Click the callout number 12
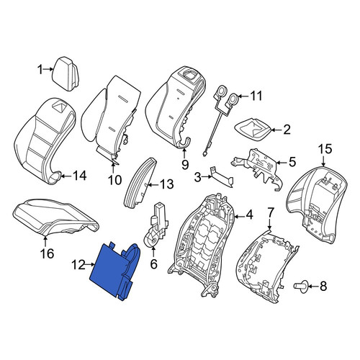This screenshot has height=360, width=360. (78, 265)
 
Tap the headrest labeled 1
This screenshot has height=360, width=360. (66, 73)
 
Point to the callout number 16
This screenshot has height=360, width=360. (48, 253)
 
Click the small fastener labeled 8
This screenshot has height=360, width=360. (300, 286)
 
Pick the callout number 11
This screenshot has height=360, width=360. (255, 96)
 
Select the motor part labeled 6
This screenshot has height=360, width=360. (156, 225)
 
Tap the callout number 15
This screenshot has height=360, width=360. (325, 149)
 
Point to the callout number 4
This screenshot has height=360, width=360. (250, 215)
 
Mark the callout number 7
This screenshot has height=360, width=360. (270, 212)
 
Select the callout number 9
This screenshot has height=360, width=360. (185, 165)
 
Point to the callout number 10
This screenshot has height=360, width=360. (114, 180)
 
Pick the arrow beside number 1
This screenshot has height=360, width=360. (48, 69)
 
